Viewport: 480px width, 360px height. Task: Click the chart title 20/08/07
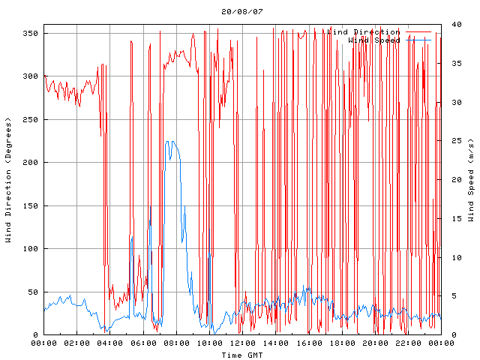(x=242, y=12)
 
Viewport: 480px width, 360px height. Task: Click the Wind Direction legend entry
(x=364, y=32)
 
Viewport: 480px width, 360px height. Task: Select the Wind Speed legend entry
(x=374, y=40)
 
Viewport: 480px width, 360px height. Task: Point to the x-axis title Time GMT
(x=241, y=355)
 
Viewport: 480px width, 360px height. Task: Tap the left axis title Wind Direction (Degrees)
(x=8, y=180)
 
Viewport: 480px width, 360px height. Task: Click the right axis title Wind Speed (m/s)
(x=470, y=180)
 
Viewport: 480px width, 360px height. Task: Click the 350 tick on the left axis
(x=30, y=33)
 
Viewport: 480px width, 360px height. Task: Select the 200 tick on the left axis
(x=30, y=163)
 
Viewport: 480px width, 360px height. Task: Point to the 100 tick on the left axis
(x=30, y=249)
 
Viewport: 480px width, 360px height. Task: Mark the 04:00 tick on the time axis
(x=110, y=343)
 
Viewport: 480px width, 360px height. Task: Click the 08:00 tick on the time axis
(x=176, y=343)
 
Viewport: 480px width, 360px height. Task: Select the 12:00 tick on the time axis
(x=242, y=343)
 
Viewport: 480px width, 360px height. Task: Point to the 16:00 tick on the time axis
(x=308, y=343)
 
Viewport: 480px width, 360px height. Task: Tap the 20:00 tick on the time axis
(x=374, y=343)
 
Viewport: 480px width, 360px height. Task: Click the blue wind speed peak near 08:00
(x=170, y=141)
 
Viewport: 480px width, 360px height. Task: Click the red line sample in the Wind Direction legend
(x=418, y=32)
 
